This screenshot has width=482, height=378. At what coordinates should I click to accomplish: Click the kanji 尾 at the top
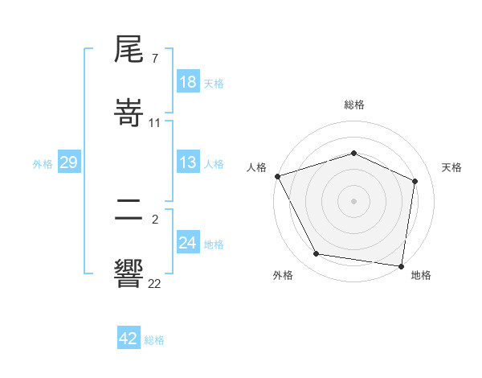pyautogui.click(x=129, y=51)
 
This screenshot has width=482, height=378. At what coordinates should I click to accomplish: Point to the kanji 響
pyautogui.click(x=129, y=273)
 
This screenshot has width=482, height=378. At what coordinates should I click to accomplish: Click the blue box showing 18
pyautogui.click(x=187, y=82)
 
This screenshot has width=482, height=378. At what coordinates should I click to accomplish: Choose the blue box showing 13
pyautogui.click(x=187, y=162)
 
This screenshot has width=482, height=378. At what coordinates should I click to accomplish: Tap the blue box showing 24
pyautogui.click(x=187, y=242)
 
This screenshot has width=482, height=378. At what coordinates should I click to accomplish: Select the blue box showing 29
pyautogui.click(x=68, y=162)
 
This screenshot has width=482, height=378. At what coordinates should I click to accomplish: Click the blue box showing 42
pyautogui.click(x=128, y=339)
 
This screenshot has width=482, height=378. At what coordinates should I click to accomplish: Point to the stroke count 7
pyautogui.click(x=154, y=59)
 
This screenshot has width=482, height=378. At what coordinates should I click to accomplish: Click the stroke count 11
pyautogui.click(x=155, y=123)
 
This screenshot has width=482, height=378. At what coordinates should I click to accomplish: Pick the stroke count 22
pyautogui.click(x=155, y=284)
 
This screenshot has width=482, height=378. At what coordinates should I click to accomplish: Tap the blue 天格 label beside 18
pyautogui.click(x=214, y=83)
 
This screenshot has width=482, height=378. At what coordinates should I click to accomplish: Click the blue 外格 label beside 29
pyautogui.click(x=43, y=163)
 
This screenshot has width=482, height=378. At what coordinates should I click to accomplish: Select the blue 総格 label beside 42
pyautogui.click(x=154, y=339)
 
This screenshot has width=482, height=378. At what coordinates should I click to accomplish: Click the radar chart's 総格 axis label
pyautogui.click(x=353, y=105)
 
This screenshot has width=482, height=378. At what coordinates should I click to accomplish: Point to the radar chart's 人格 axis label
pyautogui.click(x=256, y=166)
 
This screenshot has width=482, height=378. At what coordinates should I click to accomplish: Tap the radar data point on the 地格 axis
pyautogui.click(x=401, y=265)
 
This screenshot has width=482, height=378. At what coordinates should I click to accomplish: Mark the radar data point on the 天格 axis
pyautogui.click(x=415, y=181)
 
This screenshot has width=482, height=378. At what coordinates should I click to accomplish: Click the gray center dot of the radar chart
pyautogui.click(x=353, y=200)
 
